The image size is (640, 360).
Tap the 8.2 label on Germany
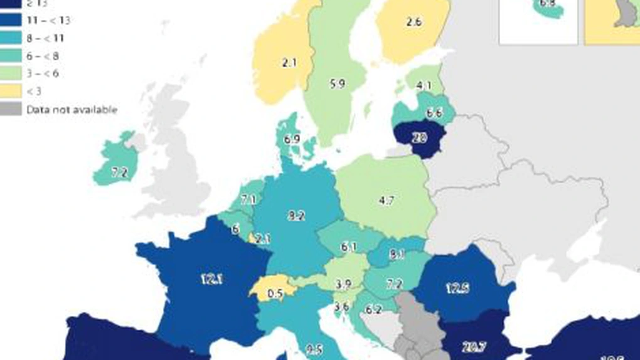(x=296, y=216)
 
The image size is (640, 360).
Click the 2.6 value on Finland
(x=413, y=22)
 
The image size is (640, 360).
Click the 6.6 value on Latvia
(x=434, y=113)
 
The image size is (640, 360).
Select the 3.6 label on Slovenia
(x=341, y=307)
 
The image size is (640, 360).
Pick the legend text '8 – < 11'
(x=46, y=38)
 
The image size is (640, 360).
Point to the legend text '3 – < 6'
(x=43, y=74)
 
